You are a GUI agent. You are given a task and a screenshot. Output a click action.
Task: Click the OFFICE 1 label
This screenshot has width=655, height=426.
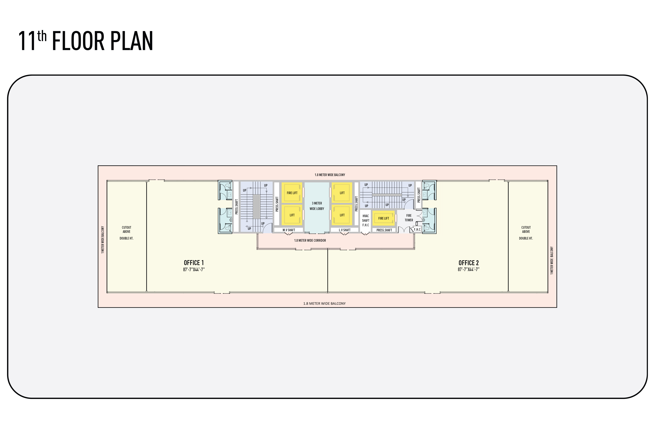point(194,263)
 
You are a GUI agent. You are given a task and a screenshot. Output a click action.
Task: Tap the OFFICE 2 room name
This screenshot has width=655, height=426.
point(468,263)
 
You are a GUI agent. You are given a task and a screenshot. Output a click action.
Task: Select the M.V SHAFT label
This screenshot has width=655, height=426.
point(289,230)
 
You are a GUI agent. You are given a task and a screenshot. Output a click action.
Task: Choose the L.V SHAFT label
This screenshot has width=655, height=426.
point(345,230)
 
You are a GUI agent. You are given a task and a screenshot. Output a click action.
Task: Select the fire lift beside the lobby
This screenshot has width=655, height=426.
point(292,193)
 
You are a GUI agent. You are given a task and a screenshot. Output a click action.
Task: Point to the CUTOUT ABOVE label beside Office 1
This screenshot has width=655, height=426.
point(127,229)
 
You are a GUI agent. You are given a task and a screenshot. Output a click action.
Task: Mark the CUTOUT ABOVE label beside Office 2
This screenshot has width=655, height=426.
point(526,229)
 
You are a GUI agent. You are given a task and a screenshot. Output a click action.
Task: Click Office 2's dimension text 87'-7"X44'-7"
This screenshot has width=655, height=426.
point(468,269)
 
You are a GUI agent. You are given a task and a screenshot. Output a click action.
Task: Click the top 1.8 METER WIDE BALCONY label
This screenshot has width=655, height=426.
point(330,175)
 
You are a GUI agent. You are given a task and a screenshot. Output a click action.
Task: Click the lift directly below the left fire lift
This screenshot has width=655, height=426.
point(292,215)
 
